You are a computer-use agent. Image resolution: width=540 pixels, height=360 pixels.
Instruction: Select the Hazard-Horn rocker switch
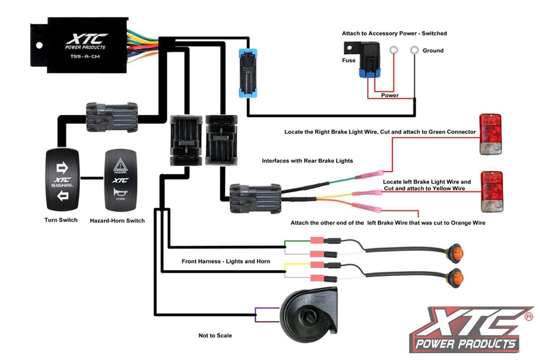tap(120, 181)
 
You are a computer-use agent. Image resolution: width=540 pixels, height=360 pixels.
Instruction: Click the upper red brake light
tap(490, 135)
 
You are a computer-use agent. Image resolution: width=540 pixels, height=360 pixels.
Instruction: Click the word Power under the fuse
tap(390, 95)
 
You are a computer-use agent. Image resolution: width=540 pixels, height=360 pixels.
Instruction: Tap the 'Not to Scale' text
tap(215, 336)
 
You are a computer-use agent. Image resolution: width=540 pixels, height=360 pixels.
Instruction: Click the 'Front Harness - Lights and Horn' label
tap(225, 261)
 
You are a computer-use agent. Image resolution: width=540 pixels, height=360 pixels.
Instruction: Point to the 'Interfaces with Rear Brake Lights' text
tap(307, 161)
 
